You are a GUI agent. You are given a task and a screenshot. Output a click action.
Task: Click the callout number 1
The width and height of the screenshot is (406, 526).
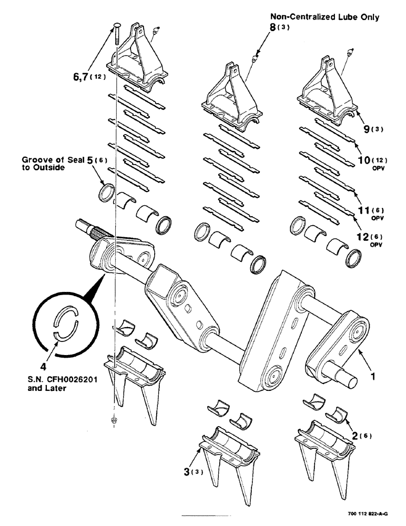pos(373,377)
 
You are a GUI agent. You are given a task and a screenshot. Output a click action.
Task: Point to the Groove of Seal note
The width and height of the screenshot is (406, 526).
pos(45,163)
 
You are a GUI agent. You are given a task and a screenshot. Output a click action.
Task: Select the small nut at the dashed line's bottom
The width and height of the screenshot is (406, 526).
pos(114,420)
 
